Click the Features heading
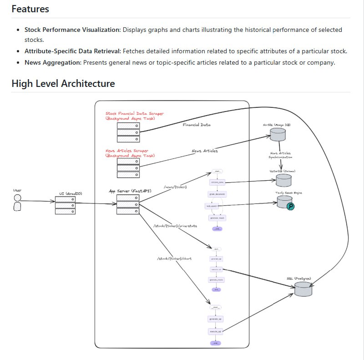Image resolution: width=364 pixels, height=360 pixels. tap(30, 9)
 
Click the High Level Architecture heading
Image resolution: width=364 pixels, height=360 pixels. tap(63, 83)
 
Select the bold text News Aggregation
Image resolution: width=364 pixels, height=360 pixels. tap(52, 62)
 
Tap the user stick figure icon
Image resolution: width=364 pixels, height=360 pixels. tap(17, 203)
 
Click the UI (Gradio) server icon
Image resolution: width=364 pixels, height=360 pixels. tap(65, 205)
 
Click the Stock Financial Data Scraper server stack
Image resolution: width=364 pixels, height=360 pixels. tap(128, 132)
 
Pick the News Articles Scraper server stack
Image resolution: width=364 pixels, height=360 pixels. tap(128, 167)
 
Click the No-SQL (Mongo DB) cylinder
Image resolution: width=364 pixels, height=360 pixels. tap(278, 134)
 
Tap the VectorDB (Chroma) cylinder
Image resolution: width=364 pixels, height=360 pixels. tap(284, 180)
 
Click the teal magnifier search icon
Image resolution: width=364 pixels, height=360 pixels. tap(291, 206)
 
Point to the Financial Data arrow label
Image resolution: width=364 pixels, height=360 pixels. tap(197, 125)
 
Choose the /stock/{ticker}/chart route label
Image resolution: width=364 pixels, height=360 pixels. tap(174, 259)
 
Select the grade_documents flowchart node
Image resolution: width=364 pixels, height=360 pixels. tap(217, 194)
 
